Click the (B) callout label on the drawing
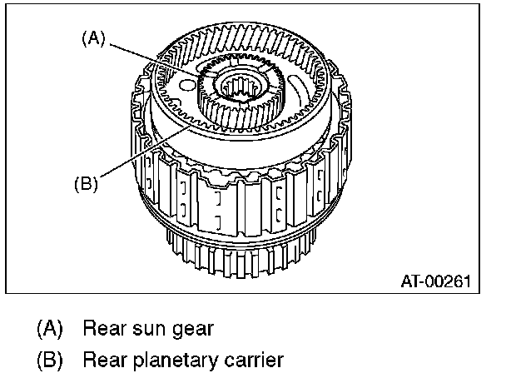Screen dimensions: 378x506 coord(85,184)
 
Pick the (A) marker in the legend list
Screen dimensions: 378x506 coord(50,328)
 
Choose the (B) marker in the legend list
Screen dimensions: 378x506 coord(50,361)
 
